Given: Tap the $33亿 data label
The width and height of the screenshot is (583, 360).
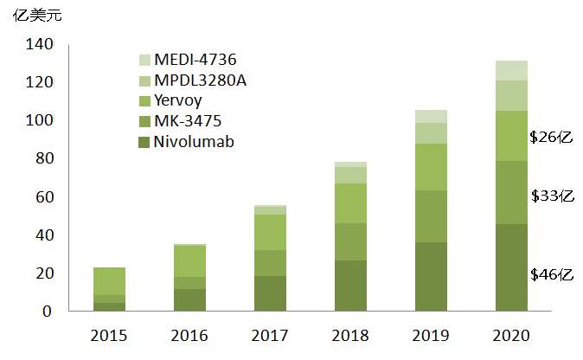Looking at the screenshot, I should point(552,196).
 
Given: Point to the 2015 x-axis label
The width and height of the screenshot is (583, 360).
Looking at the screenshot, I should point(110,334).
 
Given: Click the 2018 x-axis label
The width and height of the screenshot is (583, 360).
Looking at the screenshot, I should point(350,334).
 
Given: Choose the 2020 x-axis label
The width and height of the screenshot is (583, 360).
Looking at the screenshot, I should point(511,334).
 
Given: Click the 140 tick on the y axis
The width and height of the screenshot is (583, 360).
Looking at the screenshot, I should point(42,44).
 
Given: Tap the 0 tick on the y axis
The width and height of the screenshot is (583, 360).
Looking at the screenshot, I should point(49,311).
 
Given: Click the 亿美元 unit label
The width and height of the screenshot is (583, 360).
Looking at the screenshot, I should point(30,15).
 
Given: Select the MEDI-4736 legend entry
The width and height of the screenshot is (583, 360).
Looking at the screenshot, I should point(195,60).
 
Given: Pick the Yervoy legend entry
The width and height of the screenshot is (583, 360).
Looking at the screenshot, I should point(179,101).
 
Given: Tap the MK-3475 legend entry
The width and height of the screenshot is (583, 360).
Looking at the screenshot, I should point(188,121).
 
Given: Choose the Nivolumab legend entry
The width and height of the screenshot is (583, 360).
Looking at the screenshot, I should point(193,141).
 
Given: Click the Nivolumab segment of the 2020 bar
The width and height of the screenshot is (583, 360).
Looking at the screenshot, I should point(511,267).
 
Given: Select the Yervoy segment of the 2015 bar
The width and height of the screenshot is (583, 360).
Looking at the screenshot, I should point(110,281).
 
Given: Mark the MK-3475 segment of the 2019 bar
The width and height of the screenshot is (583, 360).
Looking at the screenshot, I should point(431,216).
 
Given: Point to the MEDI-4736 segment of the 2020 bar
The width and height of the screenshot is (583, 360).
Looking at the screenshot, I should point(511,70).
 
